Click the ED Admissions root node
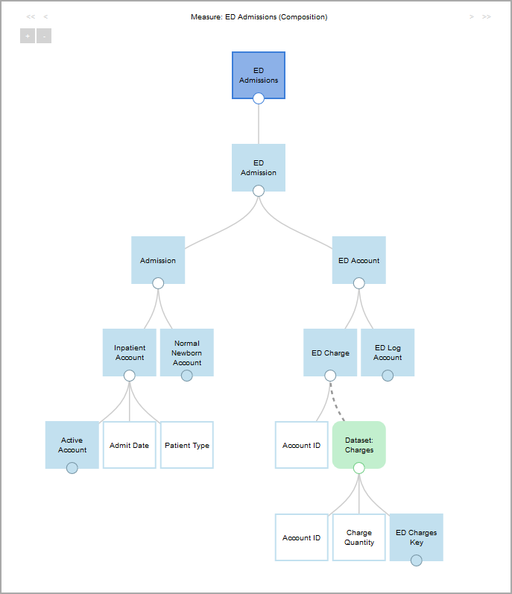259,75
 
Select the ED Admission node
259,167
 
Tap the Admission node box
158,260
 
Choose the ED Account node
358,260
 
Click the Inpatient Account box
130,352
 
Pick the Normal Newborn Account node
187,352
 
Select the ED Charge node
330,352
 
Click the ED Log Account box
388,352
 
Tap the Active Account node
72,444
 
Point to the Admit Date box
130,445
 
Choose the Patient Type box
187,445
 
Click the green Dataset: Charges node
358,444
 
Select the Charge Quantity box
358,537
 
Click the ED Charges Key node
416,537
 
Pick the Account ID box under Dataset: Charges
302,537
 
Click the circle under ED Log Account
388,376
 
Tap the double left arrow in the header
31,16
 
